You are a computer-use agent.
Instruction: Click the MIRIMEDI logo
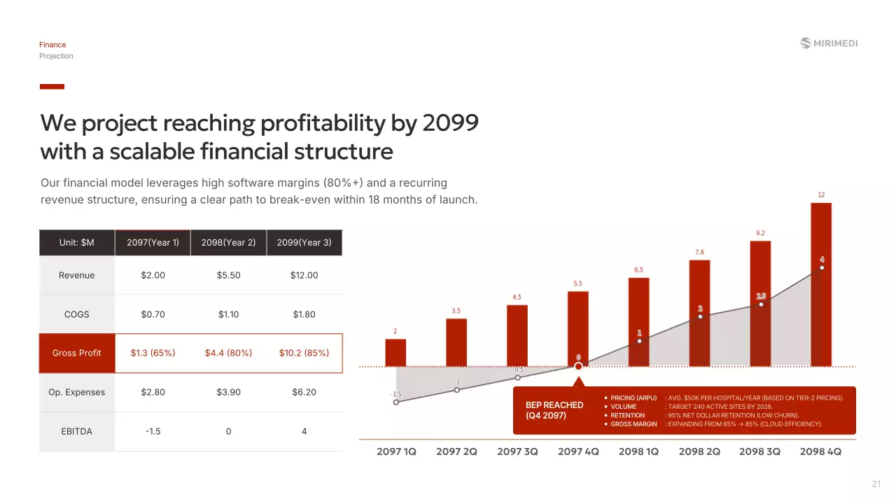pyautogui.click(x=829, y=43)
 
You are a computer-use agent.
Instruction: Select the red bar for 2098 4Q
pyautogui.click(x=821, y=284)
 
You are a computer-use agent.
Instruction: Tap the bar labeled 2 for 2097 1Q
pyautogui.click(x=395, y=353)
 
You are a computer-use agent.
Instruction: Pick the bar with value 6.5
pyautogui.click(x=638, y=322)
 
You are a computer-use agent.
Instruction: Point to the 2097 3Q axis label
pyautogui.click(x=517, y=451)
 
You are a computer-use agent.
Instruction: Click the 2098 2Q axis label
pyautogui.click(x=699, y=451)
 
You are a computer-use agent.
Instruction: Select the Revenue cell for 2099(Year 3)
pyautogui.click(x=304, y=275)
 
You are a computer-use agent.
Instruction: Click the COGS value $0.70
pyautogui.click(x=153, y=314)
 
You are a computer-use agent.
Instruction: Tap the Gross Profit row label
pyautogui.click(x=77, y=353)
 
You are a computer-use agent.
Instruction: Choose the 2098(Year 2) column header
pyautogui.click(x=228, y=243)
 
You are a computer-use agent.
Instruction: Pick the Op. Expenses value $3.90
pyautogui.click(x=228, y=392)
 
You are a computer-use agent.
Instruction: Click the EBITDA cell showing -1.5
pyautogui.click(x=153, y=431)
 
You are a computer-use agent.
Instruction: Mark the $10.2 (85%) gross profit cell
pyautogui.click(x=304, y=353)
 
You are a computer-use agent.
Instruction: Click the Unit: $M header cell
pyautogui.click(x=77, y=243)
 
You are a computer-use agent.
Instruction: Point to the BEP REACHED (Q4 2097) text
pyautogui.click(x=554, y=410)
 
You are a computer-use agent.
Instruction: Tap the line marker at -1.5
pyautogui.click(x=396, y=402)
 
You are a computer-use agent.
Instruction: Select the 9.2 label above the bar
pyautogui.click(x=760, y=233)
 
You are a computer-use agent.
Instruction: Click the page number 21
pyautogui.click(x=876, y=484)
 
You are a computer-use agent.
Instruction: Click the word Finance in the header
pyautogui.click(x=52, y=45)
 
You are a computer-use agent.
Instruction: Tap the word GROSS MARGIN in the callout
pyautogui.click(x=633, y=424)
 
